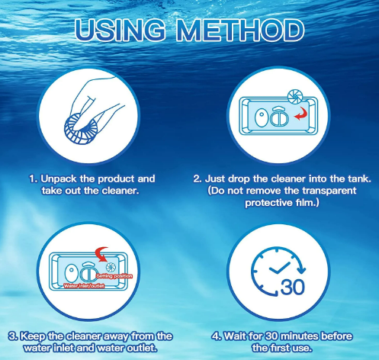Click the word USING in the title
(120, 30)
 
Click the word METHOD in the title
(240, 30)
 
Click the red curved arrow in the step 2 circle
(301, 114)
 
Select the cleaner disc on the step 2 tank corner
(295, 97)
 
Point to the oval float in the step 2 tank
(261, 117)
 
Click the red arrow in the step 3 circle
(101, 254)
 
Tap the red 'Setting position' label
(114, 276)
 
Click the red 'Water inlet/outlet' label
(84, 286)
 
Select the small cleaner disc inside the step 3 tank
(111, 267)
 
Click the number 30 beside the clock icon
(293, 288)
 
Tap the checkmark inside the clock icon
(279, 268)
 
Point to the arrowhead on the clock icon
(301, 270)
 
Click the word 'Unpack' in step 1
(59, 179)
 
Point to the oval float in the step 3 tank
(71, 274)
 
